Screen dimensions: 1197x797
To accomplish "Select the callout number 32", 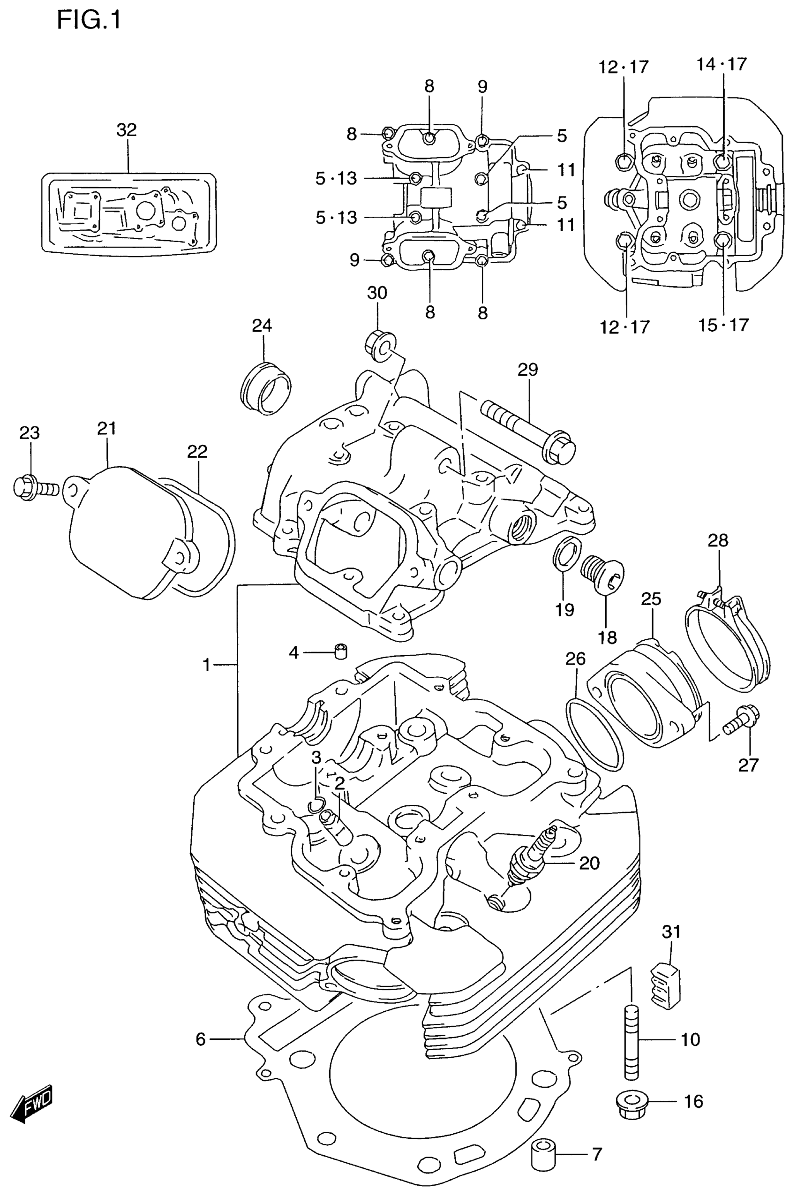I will pos(127,130).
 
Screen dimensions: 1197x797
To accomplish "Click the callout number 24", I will pos(262,326).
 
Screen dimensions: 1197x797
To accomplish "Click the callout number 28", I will pos(718,540).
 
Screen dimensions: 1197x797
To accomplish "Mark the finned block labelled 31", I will pos(666,985).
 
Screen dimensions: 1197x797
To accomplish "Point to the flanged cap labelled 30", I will pos(378,347).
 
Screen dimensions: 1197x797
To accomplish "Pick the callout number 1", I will pos(207,665).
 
